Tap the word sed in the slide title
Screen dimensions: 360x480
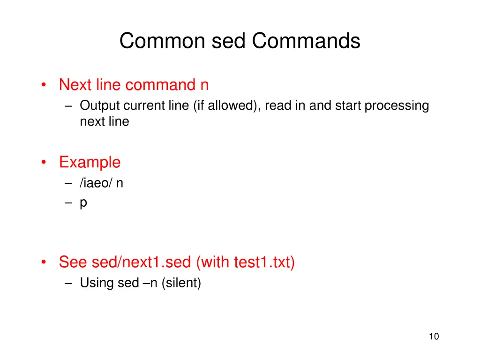coord(228,41)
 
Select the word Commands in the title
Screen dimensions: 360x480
coord(306,41)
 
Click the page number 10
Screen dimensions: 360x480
coord(434,336)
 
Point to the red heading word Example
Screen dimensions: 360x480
coord(90,162)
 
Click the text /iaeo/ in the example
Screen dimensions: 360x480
coord(96,183)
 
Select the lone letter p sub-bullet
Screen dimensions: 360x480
coord(83,203)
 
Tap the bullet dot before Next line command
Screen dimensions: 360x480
coord(44,85)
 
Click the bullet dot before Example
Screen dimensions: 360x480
coord(44,163)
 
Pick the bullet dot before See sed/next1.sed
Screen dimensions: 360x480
coord(44,262)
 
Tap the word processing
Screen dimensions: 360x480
coord(397,106)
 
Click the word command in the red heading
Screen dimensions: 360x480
coord(160,85)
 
